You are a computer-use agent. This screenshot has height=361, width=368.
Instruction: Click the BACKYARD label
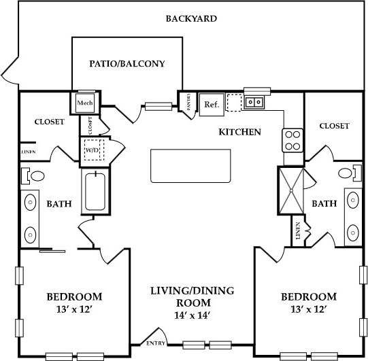pyautogui.click(x=191, y=18)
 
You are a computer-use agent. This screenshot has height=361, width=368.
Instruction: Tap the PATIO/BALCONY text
pyautogui.click(x=127, y=64)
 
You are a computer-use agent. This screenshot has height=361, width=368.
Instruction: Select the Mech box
pyautogui.click(x=85, y=103)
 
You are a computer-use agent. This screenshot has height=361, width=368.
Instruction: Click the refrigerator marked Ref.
pyautogui.click(x=210, y=105)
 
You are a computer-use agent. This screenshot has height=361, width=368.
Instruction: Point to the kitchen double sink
pyautogui.click(x=255, y=103)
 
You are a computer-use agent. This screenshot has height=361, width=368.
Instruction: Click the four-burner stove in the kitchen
pyautogui.click(x=292, y=140)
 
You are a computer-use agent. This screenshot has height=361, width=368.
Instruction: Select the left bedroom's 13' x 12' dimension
pyautogui.click(x=74, y=309)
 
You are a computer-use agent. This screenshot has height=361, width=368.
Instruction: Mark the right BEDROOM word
pyautogui.click(x=308, y=297)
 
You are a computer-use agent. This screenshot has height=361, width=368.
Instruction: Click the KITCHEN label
pyautogui.click(x=239, y=131)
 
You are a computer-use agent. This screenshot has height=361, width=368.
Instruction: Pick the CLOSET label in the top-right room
pyautogui.click(x=334, y=126)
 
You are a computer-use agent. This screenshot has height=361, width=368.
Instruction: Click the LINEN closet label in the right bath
pyautogui.click(x=297, y=232)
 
